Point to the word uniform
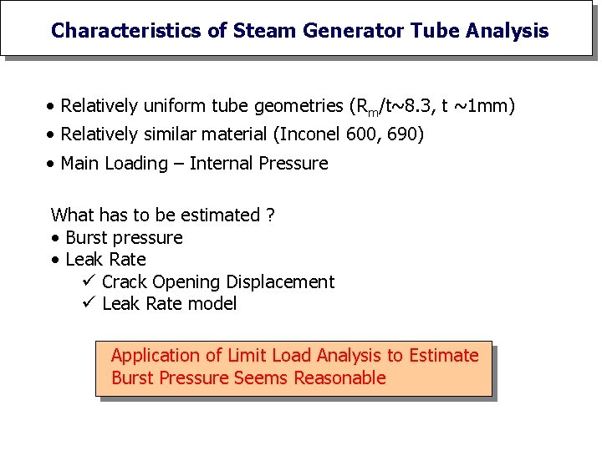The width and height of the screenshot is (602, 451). pos(173,106)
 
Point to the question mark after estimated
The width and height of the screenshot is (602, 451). pos(270,215)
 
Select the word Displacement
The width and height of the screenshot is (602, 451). pos(281,282)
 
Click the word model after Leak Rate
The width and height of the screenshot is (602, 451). pos(214,304)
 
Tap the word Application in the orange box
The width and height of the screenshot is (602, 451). pos(156,356)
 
